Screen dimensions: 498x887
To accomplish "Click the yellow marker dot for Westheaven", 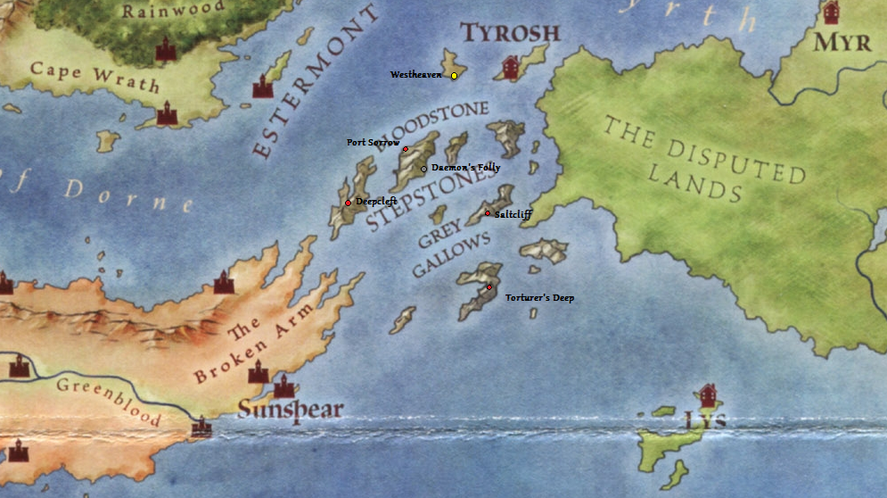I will pyautogui.click(x=454, y=76).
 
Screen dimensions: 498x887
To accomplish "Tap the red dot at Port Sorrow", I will pyautogui.click(x=406, y=149).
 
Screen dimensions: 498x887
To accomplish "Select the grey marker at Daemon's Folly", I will pyautogui.click(x=423, y=169).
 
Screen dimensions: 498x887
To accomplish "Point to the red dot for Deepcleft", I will pyautogui.click(x=348, y=203).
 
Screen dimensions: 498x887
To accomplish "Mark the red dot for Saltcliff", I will pyautogui.click(x=488, y=213).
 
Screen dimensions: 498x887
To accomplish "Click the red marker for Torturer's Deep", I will pyautogui.click(x=489, y=286).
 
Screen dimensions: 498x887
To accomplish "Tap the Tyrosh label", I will pyautogui.click(x=510, y=34).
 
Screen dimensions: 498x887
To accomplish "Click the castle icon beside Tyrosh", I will pyautogui.click(x=512, y=68).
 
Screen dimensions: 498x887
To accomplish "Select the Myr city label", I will pyautogui.click(x=842, y=43).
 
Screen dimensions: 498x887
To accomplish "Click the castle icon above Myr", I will pyautogui.click(x=832, y=12).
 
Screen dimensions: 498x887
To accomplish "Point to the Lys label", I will pyautogui.click(x=704, y=420).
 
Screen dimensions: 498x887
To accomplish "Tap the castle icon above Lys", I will pyautogui.click(x=709, y=394).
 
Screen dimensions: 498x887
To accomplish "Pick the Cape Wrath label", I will pyautogui.click(x=94, y=77).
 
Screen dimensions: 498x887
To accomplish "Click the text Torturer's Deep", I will pyautogui.click(x=539, y=298).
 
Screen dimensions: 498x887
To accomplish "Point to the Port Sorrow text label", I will pyautogui.click(x=373, y=143).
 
